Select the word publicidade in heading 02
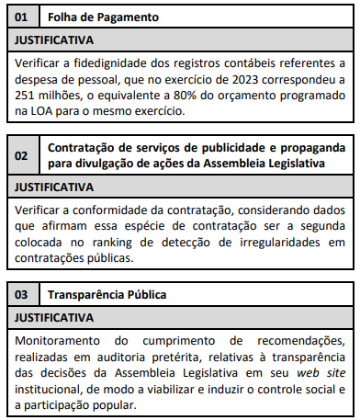pos(220,148)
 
